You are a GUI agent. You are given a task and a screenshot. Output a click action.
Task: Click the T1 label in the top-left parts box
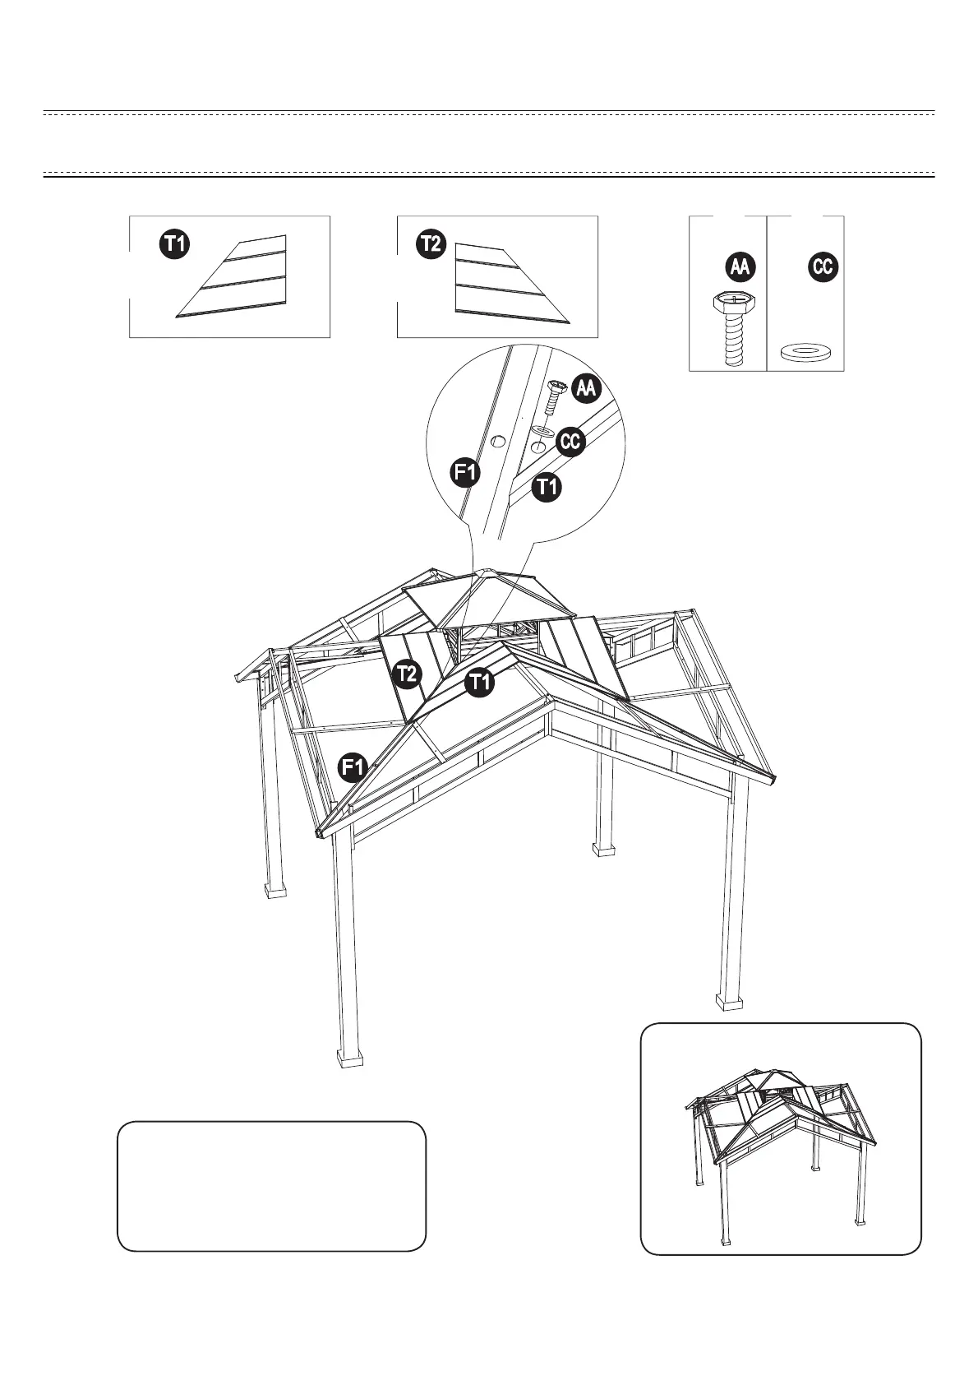pyautogui.click(x=174, y=244)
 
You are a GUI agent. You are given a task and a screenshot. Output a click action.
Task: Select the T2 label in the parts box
pyautogui.click(x=432, y=244)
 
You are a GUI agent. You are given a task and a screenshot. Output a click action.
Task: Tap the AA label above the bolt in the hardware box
pyautogui.click(x=741, y=266)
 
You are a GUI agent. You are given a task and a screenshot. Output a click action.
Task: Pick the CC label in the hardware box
pyautogui.click(x=823, y=266)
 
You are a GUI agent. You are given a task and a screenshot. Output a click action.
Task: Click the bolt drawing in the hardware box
pyautogui.click(x=730, y=327)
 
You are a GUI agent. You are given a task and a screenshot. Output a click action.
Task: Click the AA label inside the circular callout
pyautogui.click(x=585, y=388)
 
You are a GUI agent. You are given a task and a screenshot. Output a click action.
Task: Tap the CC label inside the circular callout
pyautogui.click(x=570, y=442)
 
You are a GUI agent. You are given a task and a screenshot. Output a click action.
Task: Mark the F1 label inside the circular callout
pyautogui.click(x=467, y=472)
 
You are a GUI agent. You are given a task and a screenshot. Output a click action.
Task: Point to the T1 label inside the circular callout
pyautogui.click(x=547, y=488)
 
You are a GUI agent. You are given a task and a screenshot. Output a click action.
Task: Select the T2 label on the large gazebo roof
pyautogui.click(x=408, y=674)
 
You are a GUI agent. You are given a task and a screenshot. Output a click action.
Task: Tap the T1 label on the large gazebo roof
pyautogui.click(x=479, y=682)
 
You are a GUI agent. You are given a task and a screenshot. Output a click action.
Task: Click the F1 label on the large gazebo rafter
pyautogui.click(x=353, y=767)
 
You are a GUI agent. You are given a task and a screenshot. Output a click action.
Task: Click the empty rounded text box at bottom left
pyautogui.click(x=271, y=1185)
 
